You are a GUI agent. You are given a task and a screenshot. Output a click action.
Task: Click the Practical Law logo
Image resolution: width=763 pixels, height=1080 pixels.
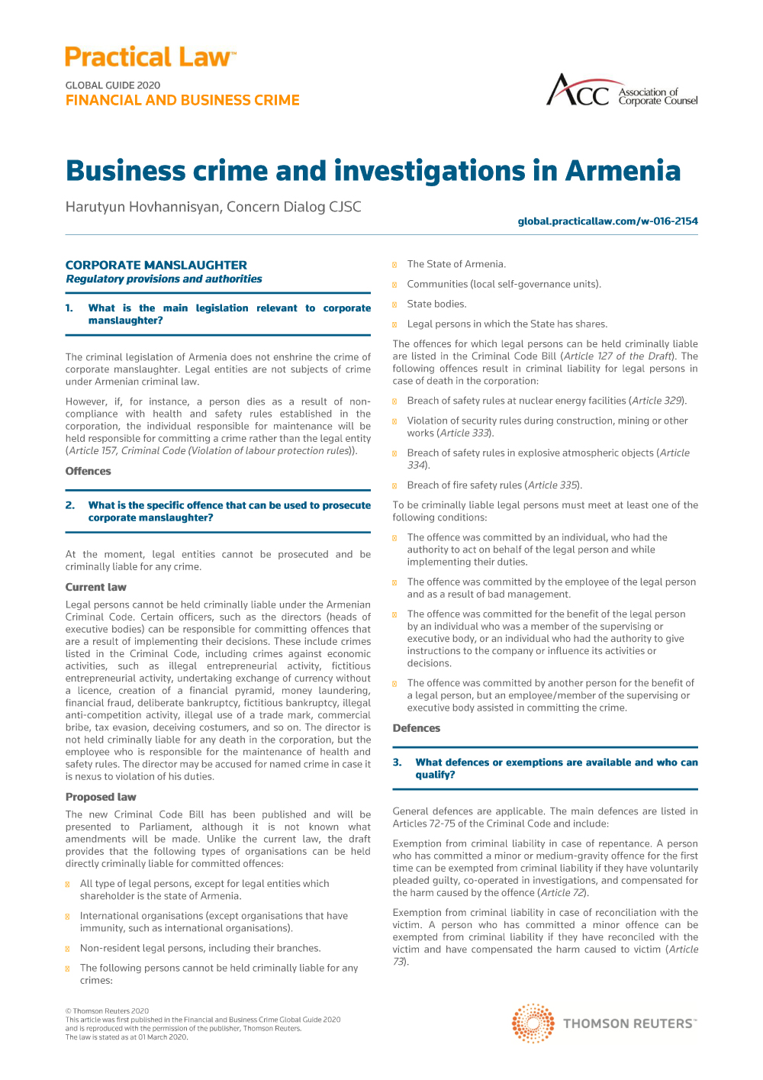150,57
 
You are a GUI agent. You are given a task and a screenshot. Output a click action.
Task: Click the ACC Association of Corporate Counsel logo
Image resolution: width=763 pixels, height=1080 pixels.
621,91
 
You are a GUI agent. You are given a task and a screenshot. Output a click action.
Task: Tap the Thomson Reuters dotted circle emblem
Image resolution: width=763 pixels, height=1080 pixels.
533,1024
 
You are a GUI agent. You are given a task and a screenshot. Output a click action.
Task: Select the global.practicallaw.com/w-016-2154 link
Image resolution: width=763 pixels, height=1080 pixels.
607,221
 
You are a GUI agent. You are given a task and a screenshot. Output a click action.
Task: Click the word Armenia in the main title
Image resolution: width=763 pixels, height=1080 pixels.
622,171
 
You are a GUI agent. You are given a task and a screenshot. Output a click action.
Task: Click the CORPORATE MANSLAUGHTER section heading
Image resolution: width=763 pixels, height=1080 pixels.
156,265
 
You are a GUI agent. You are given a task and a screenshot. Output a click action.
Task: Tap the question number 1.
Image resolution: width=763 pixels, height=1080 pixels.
69,308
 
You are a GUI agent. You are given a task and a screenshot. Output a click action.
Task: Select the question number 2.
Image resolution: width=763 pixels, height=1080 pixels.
70,505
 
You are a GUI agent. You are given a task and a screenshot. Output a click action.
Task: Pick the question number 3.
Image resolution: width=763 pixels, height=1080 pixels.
398,762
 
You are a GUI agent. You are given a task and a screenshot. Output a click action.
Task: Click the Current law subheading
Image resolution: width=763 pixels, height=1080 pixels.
96,587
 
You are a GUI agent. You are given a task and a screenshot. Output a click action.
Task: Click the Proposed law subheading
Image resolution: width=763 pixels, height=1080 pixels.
101,797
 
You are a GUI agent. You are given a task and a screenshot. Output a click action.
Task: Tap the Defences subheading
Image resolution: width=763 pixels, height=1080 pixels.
417,728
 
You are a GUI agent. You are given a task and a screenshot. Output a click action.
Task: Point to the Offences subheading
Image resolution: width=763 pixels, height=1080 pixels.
89,471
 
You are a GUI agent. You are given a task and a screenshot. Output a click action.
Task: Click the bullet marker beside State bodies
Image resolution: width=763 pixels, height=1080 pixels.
394,305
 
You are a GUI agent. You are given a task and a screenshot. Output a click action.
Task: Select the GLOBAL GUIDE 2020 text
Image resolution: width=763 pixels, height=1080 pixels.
113,85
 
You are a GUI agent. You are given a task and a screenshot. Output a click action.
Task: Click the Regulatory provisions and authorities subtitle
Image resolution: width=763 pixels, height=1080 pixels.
164,279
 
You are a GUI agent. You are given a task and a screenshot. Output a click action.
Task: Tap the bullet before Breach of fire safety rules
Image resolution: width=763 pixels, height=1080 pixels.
394,485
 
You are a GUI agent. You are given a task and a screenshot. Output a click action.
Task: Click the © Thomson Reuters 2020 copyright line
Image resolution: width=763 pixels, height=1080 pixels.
108,1011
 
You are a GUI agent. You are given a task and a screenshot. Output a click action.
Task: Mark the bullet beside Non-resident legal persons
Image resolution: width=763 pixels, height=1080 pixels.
68,949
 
